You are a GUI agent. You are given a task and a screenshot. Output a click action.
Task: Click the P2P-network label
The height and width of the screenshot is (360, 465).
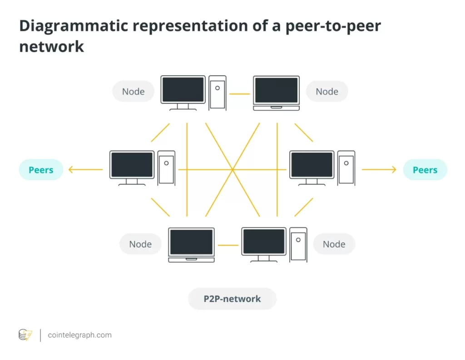[232, 299]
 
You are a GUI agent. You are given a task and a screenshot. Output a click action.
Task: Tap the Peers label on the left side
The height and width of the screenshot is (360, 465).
[41, 170]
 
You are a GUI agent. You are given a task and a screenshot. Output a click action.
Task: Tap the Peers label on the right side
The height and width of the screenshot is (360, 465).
[425, 170]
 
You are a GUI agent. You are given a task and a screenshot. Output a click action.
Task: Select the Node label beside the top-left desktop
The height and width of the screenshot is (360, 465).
[133, 91]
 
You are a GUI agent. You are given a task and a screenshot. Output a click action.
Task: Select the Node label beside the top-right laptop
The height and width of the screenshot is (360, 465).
[327, 91]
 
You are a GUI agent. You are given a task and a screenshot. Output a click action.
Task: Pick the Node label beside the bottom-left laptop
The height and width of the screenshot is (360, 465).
[140, 244]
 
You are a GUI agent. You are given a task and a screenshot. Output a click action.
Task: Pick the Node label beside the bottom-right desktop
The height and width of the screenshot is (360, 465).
[334, 244]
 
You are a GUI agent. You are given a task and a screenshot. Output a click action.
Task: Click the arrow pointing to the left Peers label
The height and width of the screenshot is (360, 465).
[85, 170]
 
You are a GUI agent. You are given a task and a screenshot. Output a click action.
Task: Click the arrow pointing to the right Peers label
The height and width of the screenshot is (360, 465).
[379, 170]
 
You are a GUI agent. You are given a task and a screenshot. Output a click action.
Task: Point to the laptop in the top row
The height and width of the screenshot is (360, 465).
[276, 93]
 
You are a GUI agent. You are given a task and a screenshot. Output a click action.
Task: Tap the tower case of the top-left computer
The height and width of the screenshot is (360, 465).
[218, 93]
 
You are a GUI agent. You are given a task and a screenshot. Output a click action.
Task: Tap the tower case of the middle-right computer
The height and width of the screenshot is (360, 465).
[346, 168]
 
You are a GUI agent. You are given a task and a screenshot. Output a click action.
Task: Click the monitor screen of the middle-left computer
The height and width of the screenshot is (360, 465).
[132, 165]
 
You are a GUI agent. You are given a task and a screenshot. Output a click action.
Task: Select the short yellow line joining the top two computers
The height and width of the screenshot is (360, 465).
[239, 94]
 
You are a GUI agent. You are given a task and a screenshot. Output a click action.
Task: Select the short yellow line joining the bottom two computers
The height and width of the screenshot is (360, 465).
[228, 246]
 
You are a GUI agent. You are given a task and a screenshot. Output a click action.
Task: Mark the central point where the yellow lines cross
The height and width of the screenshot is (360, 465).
[232, 170]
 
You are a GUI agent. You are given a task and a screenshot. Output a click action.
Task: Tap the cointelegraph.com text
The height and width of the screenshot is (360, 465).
[79, 335]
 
